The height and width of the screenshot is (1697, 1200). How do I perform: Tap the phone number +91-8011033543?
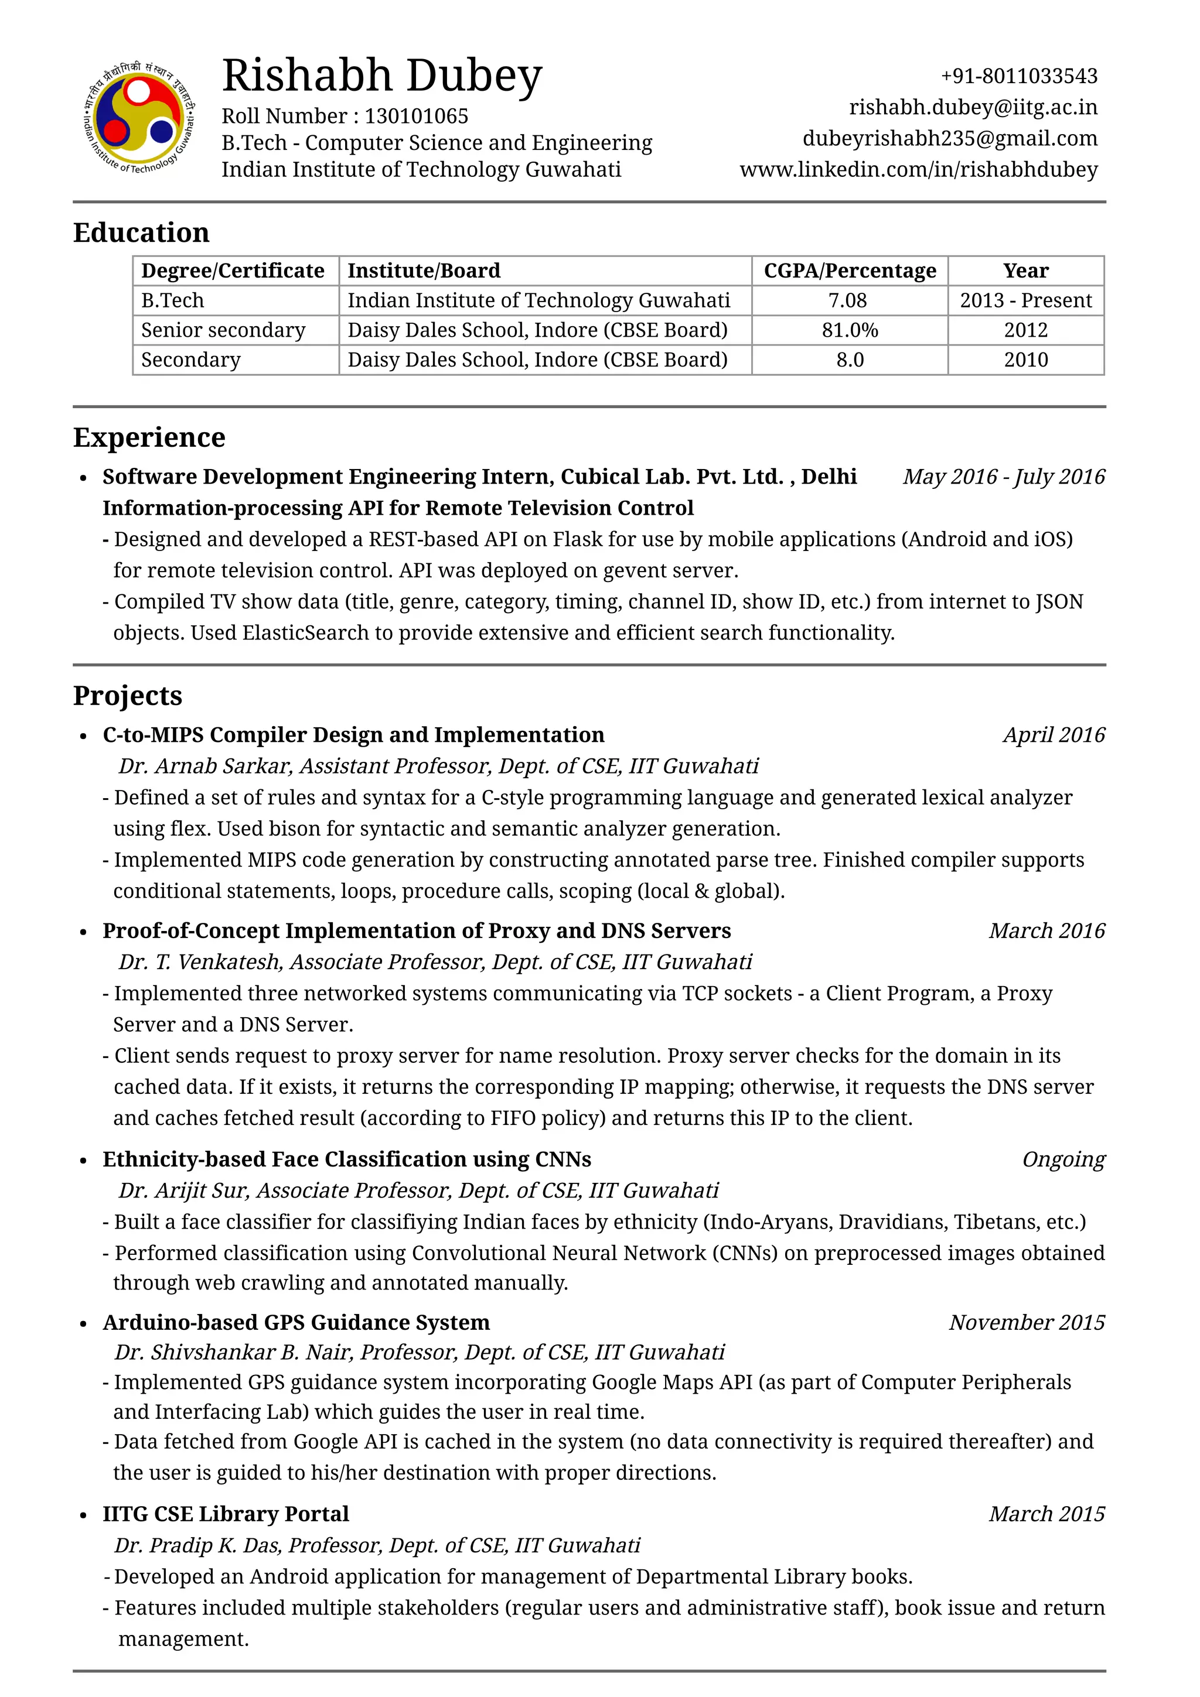(x=1018, y=76)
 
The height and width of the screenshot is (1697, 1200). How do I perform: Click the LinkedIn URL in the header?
(x=918, y=169)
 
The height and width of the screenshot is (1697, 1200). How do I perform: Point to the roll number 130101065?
(x=416, y=116)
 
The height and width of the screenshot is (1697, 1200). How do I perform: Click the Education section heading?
(x=141, y=233)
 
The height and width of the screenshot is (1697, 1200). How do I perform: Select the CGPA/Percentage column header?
(x=850, y=271)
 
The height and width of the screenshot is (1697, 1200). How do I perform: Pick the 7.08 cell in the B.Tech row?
(x=847, y=300)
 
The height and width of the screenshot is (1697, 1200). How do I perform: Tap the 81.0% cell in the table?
(x=850, y=330)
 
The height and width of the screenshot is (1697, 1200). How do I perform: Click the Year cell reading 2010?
(x=1025, y=360)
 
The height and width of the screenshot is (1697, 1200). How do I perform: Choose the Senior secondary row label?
(x=223, y=330)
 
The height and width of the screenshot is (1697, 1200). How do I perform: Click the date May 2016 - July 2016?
(x=1003, y=477)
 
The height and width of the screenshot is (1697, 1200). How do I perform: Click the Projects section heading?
(x=127, y=696)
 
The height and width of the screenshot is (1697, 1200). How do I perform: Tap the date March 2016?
(x=1046, y=930)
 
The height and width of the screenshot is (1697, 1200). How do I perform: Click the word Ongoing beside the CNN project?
(x=1062, y=1159)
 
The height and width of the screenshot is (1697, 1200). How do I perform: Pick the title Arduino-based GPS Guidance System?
(x=296, y=1322)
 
